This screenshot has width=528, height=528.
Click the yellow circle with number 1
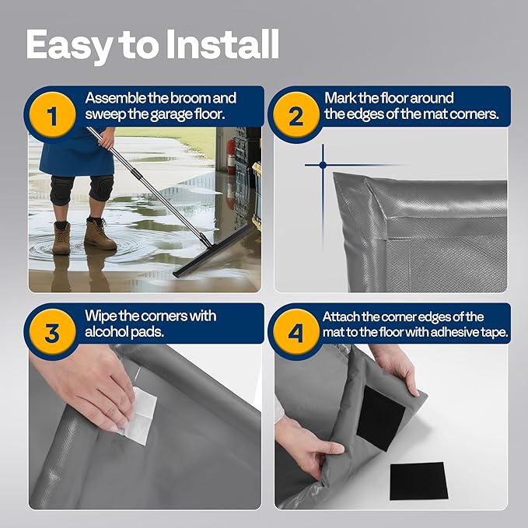(x=52, y=117)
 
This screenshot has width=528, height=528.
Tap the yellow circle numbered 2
(x=295, y=117)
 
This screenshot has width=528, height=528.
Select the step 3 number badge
(x=52, y=334)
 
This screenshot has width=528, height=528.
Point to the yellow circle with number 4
(x=295, y=334)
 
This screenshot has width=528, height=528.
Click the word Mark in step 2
(x=341, y=99)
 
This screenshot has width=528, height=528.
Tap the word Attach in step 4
(x=343, y=316)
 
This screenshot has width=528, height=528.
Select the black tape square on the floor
(x=418, y=481)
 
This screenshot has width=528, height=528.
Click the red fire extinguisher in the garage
(x=231, y=156)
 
